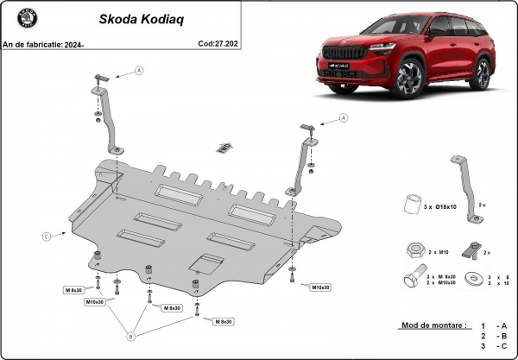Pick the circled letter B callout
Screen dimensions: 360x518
pyautogui.click(x=131, y=336)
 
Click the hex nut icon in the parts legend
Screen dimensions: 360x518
pyautogui.click(x=411, y=250)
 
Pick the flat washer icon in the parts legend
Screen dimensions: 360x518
pyautogui.click(x=473, y=279)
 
